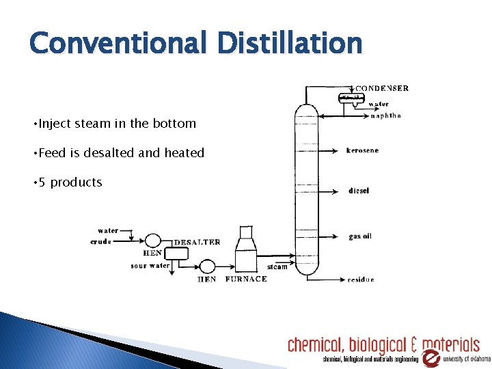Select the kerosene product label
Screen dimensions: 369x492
point(362,150)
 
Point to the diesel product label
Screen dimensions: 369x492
point(359,191)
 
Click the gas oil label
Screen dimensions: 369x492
point(360,236)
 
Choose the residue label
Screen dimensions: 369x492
point(361,279)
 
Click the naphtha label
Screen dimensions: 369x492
point(385,115)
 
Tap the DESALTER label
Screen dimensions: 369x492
point(197,242)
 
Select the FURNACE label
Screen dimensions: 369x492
point(246,279)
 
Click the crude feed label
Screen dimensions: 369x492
point(101,241)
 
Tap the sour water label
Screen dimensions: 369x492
point(150,266)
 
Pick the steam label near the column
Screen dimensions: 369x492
point(277,266)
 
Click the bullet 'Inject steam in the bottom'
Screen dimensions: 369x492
point(117,124)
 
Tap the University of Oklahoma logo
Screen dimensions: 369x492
point(431,357)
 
